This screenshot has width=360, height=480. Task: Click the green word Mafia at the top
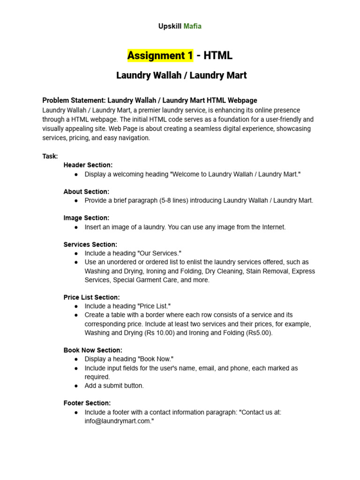[x=192, y=26]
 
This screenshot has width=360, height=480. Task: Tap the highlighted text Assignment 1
[x=160, y=56]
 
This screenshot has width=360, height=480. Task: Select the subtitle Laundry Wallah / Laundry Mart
[x=181, y=75]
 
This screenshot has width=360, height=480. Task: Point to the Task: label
[x=50, y=156]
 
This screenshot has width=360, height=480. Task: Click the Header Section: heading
[x=88, y=165]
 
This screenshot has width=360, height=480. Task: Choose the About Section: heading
[x=86, y=191]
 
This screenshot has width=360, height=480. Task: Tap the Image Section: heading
[x=86, y=217]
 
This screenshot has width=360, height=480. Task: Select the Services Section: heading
[x=90, y=244]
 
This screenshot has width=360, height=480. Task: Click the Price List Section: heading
[x=92, y=297]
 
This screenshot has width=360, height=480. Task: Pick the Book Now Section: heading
[x=93, y=350]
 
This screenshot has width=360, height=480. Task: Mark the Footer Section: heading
[x=87, y=403]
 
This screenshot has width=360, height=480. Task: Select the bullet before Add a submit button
[x=76, y=386]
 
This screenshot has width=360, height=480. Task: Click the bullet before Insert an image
[x=76, y=227]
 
